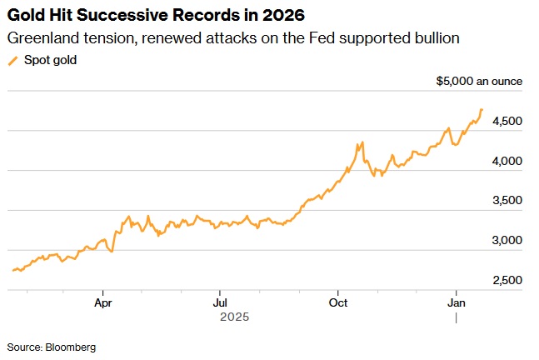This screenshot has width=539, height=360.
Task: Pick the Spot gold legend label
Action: (50, 60)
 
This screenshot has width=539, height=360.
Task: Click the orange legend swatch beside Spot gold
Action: (13, 60)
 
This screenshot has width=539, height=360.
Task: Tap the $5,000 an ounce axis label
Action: (479, 82)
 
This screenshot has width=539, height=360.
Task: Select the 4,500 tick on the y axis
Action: (507, 122)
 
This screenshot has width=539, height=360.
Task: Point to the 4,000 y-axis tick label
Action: (507, 161)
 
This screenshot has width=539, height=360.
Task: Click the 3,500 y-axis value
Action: (507, 201)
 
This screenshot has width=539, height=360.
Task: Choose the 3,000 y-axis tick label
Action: (507, 241)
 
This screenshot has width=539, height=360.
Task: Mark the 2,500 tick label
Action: (507, 280)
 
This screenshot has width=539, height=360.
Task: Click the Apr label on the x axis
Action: (103, 303)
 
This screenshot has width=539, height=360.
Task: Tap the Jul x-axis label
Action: (220, 303)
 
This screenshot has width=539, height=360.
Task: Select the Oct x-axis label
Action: (338, 303)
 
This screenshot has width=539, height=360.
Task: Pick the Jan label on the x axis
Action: (457, 303)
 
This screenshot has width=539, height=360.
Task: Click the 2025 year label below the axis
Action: (234, 317)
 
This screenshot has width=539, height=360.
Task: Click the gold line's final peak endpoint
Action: (482, 110)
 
